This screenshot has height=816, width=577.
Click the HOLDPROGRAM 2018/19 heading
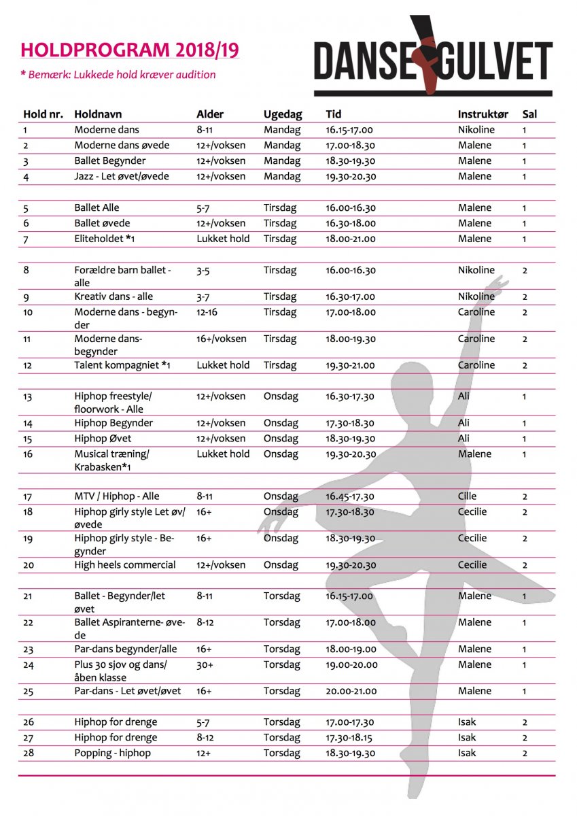pos(129,50)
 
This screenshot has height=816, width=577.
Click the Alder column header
pos(209,114)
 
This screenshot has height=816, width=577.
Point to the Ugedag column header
pos(283,114)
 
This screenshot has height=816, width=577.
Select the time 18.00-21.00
pos(350,239)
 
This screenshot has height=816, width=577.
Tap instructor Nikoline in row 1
pos(476,130)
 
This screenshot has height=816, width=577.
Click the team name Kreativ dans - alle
pos(113,296)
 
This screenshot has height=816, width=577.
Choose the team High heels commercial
pos(125,565)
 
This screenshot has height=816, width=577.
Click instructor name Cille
pos(467,496)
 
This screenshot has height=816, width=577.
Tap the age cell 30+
pos(205,665)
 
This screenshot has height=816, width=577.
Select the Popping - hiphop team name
pos(113,753)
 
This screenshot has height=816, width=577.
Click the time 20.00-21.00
pos(351,692)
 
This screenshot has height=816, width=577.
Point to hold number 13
pos(28,396)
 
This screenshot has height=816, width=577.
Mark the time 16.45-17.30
pos(350,496)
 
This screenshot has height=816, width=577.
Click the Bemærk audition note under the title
pos(118,75)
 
